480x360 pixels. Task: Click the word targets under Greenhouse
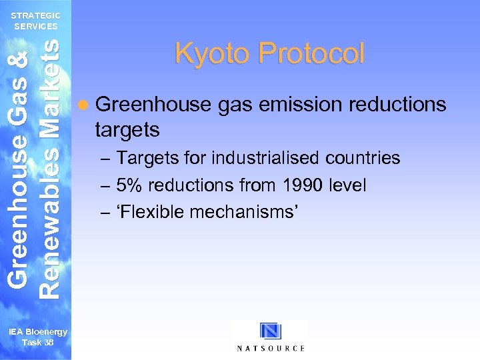click(127, 129)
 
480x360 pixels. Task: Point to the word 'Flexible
click(151, 212)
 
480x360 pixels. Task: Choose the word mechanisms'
click(244, 212)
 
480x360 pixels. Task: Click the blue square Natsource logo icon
click(271, 331)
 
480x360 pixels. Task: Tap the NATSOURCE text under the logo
click(271, 348)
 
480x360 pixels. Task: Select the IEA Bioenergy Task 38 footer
click(37, 337)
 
